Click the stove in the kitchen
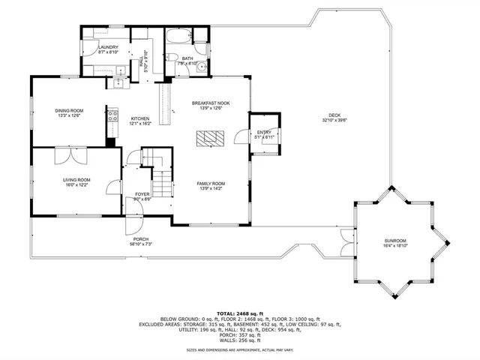[x=114, y=115]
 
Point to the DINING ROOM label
[x=68, y=111]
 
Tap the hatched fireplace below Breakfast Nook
[x=210, y=136]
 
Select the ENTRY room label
[x=263, y=133]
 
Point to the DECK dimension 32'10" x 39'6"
[x=334, y=120]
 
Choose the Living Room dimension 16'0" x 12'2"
[x=76, y=184]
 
